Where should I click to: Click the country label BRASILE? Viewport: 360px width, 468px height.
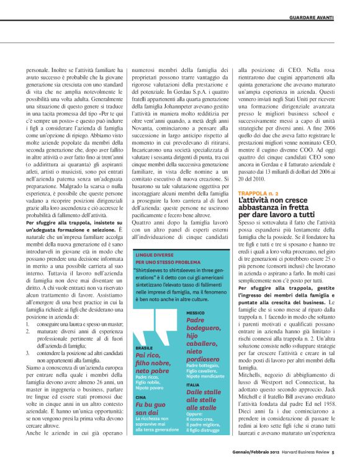143,349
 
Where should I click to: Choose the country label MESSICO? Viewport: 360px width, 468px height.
196,313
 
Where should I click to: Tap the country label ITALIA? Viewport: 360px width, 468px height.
192,367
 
